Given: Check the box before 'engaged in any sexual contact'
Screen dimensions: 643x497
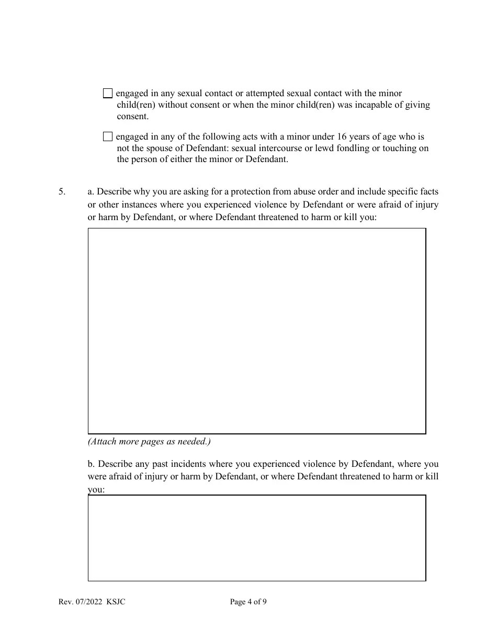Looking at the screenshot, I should [108, 94].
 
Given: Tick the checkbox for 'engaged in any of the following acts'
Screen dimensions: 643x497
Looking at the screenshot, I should [108, 136].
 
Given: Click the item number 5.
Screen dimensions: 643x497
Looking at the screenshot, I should [62, 192].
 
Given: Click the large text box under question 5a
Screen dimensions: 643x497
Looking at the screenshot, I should [256, 330].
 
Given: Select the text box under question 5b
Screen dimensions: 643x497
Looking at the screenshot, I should [256, 538].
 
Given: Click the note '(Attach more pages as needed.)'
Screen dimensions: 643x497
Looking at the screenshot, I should [149, 442].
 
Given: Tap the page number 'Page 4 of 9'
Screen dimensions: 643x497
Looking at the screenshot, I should [248, 602].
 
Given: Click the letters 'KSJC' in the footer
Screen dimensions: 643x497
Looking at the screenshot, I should [116, 602].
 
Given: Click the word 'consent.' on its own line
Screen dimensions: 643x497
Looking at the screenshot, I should [132, 117].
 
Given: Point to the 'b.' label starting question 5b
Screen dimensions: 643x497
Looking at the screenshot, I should [92, 464].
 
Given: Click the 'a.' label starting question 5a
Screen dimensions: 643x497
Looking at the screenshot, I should [92, 192].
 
